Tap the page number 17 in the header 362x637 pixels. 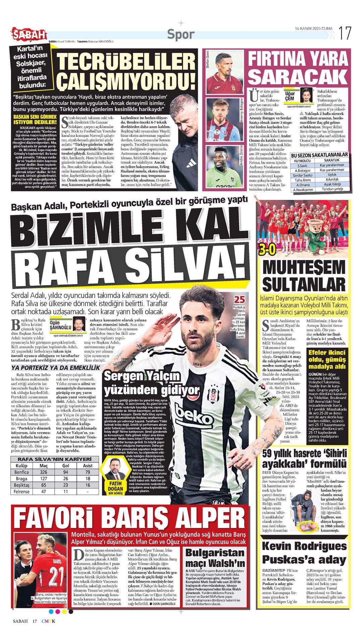(x=345, y=33)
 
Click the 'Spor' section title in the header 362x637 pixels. (x=181, y=34)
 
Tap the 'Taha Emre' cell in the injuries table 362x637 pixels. (x=303, y=180)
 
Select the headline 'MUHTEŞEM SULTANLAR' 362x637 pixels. (x=304, y=276)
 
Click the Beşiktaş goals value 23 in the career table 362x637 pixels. (x=66, y=485)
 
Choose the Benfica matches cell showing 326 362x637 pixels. (x=44, y=472)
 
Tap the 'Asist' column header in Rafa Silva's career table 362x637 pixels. (x=88, y=466)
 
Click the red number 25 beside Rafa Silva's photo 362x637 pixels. (x=239, y=300)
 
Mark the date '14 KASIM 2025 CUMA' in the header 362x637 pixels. (x=314, y=29)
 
